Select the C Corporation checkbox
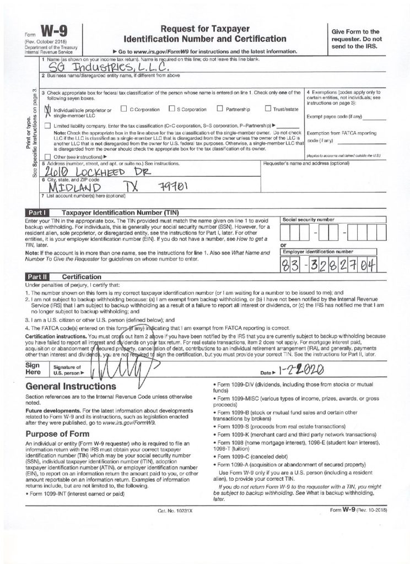pos(123,109)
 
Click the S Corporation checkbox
pos(172,109)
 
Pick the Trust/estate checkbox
pos(268,109)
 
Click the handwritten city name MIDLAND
pos(68,187)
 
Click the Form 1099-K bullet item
pos(287,435)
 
